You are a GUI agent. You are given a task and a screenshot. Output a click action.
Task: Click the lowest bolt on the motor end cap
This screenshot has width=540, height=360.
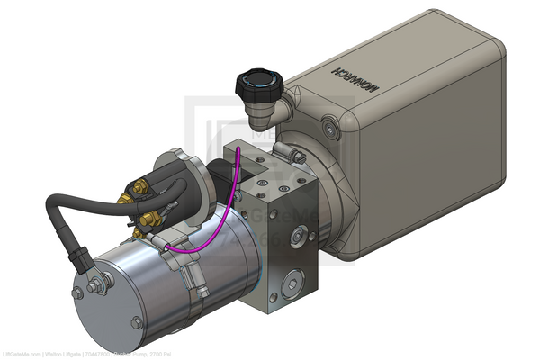(137, 322)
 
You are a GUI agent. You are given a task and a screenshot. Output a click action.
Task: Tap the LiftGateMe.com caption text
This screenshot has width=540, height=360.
(22, 352)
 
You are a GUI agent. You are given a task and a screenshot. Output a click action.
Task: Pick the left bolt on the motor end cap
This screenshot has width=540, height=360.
(78, 293)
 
